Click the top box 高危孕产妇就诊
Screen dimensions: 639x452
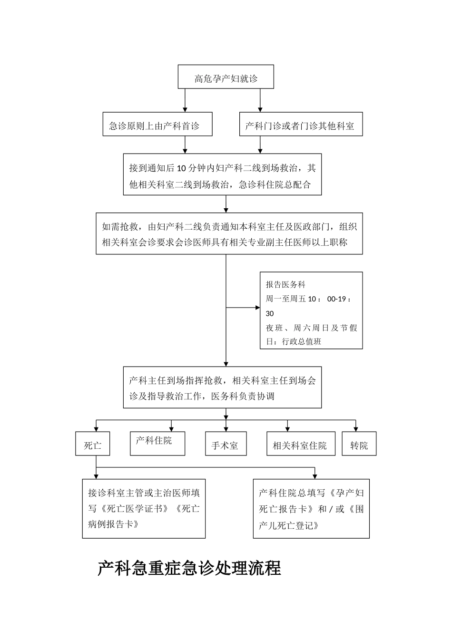pyautogui.click(x=226, y=77)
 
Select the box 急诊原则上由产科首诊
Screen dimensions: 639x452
pyautogui.click(x=157, y=125)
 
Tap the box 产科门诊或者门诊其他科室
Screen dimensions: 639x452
pyautogui.click(x=301, y=125)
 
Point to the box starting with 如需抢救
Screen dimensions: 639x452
pyautogui.click(x=229, y=233)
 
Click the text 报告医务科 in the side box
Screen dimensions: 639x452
pyautogui.click(x=285, y=285)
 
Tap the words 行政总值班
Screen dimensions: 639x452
pyautogui.click(x=302, y=341)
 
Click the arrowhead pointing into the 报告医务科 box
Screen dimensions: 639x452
pyautogui.click(x=257, y=308)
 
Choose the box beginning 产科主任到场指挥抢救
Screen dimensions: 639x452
pyautogui.click(x=222, y=387)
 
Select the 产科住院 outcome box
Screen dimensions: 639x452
pyautogui.click(x=157, y=443)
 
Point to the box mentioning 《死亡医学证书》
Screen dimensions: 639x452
pyautogui.click(x=144, y=509)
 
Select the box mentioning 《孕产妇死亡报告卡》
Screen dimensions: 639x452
pyautogui.click(x=311, y=509)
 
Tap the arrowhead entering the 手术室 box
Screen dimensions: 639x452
pyautogui.click(x=226, y=428)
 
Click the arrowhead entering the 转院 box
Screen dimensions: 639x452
pyautogui.click(x=356, y=428)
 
